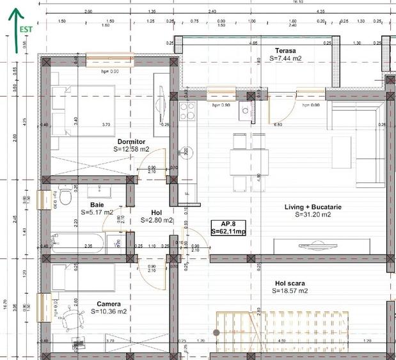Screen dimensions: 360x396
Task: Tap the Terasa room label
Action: [285, 51]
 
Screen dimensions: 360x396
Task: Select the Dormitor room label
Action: [131, 141]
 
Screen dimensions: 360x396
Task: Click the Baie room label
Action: [97, 205]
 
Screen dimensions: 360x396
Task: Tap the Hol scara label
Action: [290, 283]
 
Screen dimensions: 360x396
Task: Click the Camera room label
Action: [108, 304]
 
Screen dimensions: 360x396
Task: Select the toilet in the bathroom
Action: [65, 196]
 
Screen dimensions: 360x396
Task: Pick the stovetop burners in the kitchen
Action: [187, 111]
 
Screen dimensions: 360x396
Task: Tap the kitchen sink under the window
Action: [245, 113]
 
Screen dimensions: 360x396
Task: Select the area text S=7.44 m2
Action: [285, 58]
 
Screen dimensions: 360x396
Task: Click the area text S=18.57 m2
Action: [290, 291]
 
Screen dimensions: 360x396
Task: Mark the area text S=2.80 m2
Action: [157, 221]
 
